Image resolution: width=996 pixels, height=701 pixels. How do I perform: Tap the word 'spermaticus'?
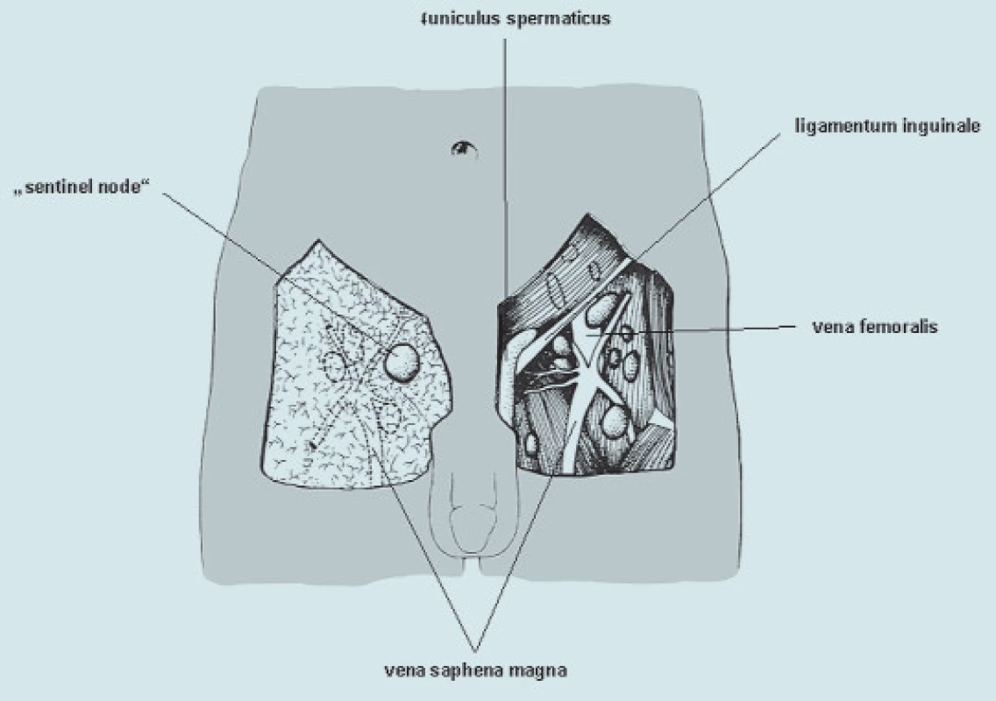pyautogui.click(x=558, y=19)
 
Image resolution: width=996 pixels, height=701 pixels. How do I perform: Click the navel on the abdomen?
pyautogui.click(x=465, y=149)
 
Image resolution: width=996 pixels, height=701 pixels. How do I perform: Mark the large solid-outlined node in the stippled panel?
pyautogui.click(x=402, y=362)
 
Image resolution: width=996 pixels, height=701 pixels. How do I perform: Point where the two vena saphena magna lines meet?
pyautogui.click(x=475, y=650)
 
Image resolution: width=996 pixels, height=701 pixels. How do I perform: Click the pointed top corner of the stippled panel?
pyautogui.click(x=318, y=240)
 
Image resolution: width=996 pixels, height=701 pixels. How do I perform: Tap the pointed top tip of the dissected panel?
pyautogui.click(x=589, y=214)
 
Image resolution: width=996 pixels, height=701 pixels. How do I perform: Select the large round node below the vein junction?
pyautogui.click(x=615, y=422)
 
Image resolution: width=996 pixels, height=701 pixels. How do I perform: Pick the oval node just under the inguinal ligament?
pyautogui.click(x=601, y=310)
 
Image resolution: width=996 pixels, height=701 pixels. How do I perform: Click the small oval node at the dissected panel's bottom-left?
pyautogui.click(x=531, y=443)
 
